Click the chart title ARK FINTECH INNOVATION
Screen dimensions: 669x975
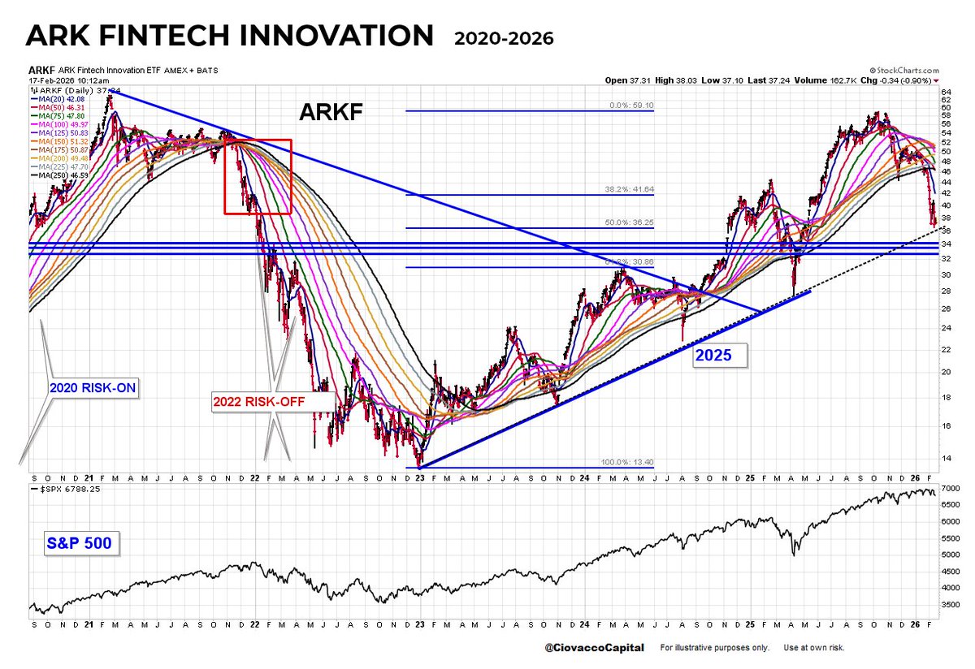[x=229, y=37]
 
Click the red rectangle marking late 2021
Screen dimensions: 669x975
[x=258, y=177]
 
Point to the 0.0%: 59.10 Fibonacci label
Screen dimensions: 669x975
[x=631, y=106]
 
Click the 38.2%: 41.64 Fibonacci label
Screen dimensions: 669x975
[x=630, y=189]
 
